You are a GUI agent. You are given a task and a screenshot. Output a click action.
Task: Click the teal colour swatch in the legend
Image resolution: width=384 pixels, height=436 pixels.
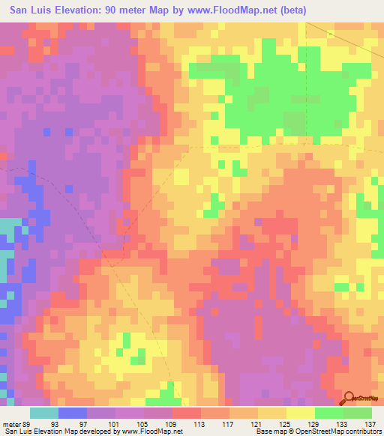44,413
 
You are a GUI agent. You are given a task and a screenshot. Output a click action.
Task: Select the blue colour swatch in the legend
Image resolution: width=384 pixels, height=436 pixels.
73,413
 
